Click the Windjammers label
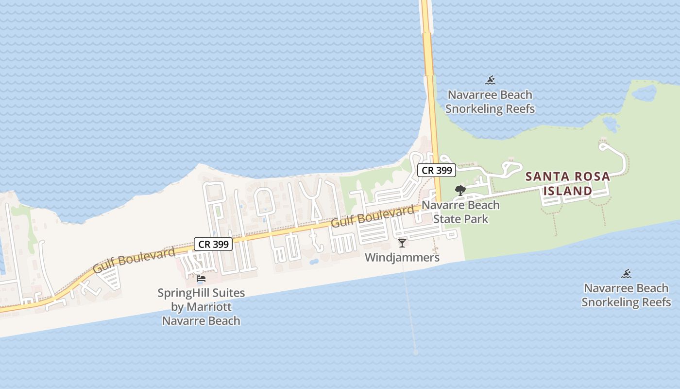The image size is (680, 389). [402, 257]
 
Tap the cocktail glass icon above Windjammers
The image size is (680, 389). [402, 243]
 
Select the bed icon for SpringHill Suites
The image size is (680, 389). [201, 279]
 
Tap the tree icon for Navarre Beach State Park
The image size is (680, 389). [460, 190]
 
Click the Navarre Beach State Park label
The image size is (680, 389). [460, 212]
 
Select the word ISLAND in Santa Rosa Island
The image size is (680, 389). [567, 191]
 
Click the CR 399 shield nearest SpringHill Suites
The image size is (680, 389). [213, 244]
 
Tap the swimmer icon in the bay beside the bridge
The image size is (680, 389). [490, 80]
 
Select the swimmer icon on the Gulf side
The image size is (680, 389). [626, 274]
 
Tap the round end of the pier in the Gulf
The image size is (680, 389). [415, 353]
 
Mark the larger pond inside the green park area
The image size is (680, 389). [644, 93]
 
